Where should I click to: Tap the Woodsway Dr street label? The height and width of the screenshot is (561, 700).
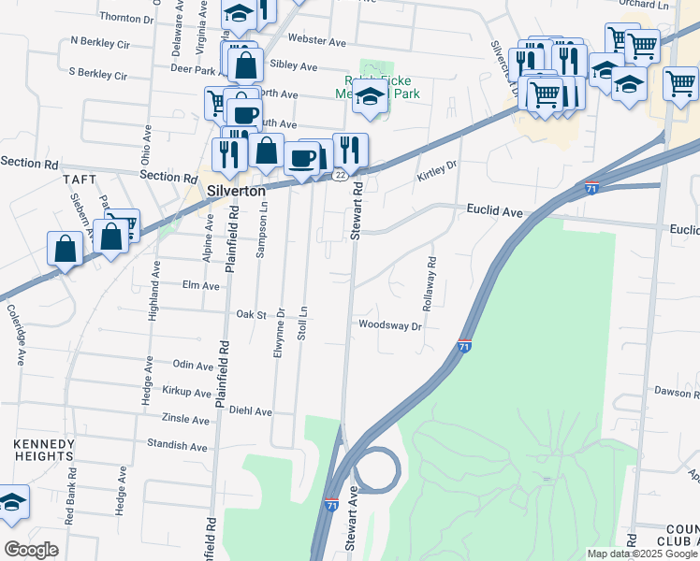coord(390,325)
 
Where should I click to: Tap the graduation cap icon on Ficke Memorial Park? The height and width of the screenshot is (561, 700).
coord(370,96)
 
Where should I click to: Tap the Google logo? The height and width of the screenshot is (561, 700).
coord(31,549)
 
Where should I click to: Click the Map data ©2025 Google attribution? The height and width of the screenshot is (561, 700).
coord(641,554)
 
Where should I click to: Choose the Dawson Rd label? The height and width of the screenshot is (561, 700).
coord(677,392)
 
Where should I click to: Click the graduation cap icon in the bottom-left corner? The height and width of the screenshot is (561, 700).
coord(12,502)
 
